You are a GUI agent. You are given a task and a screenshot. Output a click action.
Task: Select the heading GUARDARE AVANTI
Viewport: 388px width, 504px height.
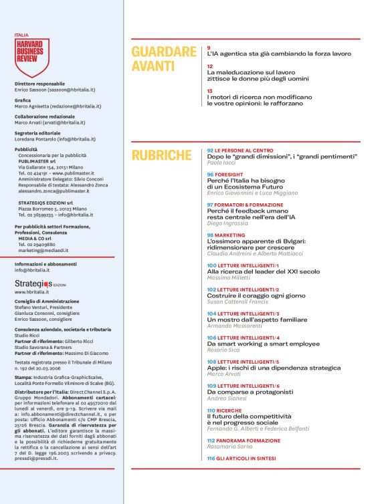(164, 58)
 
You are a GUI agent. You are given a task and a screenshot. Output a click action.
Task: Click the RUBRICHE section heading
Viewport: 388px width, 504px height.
(161, 156)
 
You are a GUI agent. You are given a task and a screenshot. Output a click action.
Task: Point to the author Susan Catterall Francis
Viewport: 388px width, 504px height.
(243, 302)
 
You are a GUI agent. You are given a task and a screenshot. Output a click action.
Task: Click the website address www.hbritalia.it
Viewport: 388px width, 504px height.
(30, 292)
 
